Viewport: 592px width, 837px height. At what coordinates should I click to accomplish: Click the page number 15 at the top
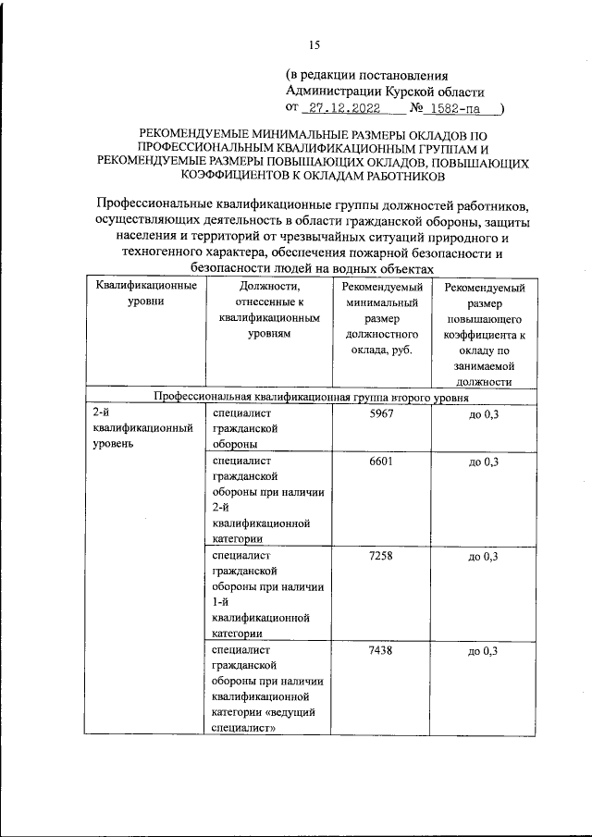(314, 43)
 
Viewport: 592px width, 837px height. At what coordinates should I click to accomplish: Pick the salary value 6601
(381, 461)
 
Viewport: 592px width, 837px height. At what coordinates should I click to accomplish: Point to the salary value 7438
(381, 651)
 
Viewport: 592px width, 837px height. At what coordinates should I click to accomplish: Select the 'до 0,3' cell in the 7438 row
(483, 652)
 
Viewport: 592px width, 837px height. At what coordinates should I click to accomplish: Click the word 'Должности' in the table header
(269, 286)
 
